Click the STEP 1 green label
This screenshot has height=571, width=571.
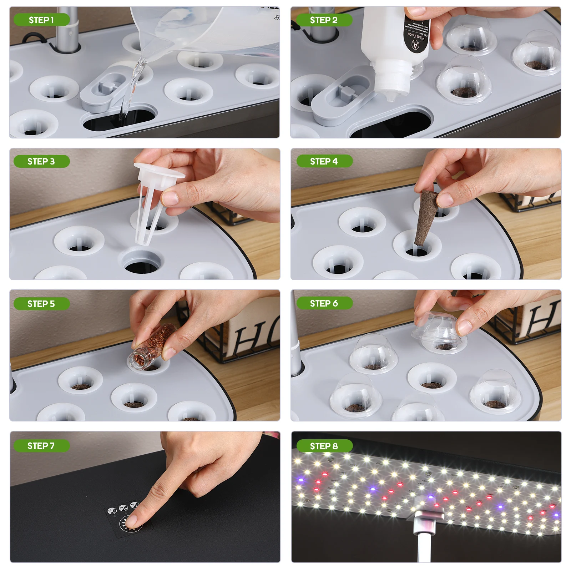tap(41, 20)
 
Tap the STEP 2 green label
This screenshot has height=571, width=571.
tap(324, 20)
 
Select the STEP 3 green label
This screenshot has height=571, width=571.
tap(41, 161)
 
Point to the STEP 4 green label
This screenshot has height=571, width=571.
tap(324, 161)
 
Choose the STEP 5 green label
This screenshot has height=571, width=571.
tap(41, 304)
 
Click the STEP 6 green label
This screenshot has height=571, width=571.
tap(324, 303)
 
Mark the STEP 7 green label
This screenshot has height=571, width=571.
tap(41, 446)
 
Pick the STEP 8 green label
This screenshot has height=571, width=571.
tap(324, 446)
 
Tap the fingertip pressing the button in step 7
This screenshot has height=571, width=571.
tap(132, 522)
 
